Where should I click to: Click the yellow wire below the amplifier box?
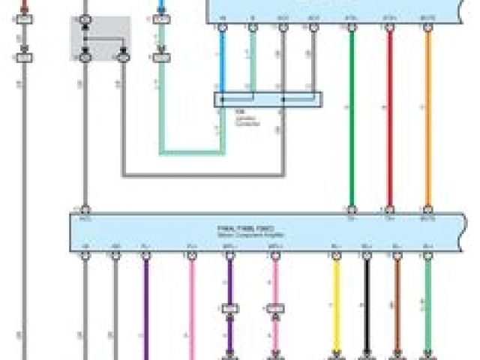pos(336,307)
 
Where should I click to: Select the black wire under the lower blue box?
pos(367,307)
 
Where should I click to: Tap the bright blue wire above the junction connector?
pos(222,60)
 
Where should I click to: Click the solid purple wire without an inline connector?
pos(145,307)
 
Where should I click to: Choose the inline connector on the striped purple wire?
pos(230,308)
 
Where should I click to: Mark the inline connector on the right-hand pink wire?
pos(275,308)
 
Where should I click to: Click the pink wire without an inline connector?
pos(191,307)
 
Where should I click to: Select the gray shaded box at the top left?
pos(100,38)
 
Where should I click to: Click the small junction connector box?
pos(268,100)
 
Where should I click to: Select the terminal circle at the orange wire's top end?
pos(427,28)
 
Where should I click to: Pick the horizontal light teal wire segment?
pos(191,153)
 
